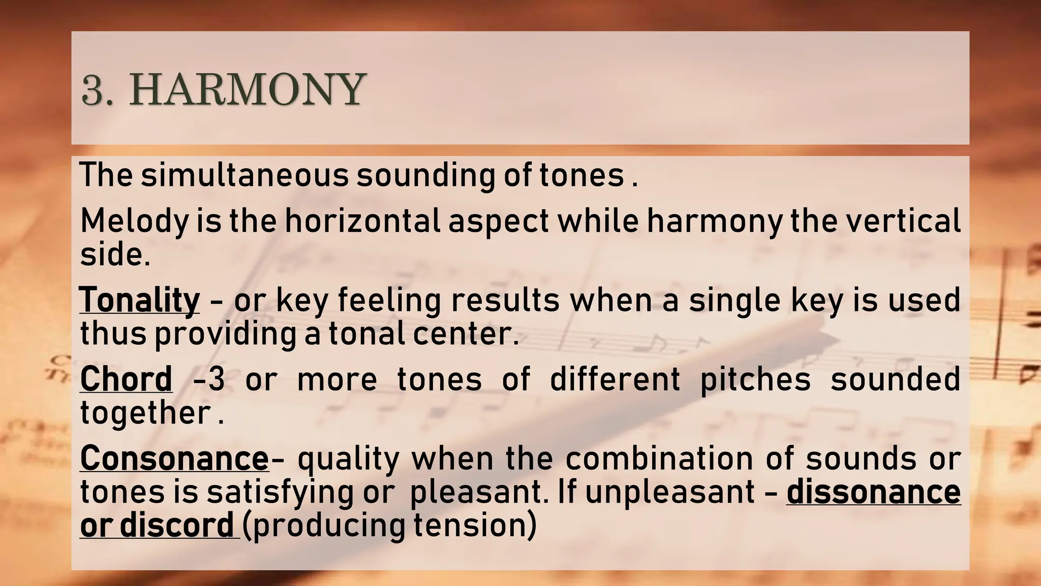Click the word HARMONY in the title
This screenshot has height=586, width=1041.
pos(247,90)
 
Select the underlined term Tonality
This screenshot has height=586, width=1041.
pos(140,300)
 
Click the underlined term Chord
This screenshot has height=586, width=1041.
pos(126,379)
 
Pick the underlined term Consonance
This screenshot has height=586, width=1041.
pos(174,458)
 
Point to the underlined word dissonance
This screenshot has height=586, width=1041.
pos(873,492)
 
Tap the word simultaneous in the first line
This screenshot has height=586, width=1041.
pos(244,175)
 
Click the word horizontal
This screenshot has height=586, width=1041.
pos(362,221)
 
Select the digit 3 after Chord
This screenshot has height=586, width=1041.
pos(217,379)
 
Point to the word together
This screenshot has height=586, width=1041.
pos(145,413)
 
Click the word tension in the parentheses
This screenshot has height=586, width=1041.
pos(469,525)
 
